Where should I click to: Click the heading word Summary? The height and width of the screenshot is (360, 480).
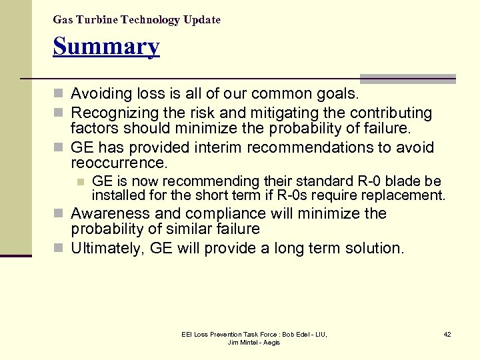(107, 47)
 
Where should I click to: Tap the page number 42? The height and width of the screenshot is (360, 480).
(447, 334)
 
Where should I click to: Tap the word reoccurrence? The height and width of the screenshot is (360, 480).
(117, 163)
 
